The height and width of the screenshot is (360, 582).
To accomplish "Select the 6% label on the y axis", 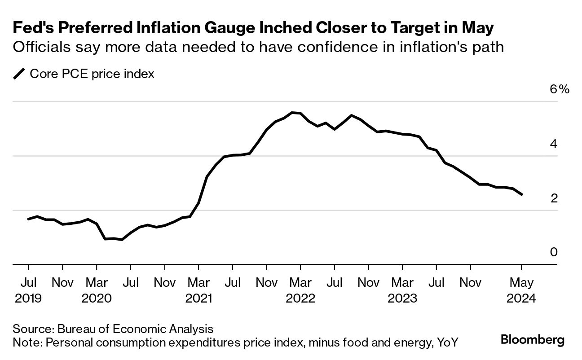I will (x=559, y=89).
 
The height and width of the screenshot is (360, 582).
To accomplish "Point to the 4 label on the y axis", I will (x=554, y=144).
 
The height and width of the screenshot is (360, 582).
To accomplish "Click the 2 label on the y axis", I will (x=554, y=198).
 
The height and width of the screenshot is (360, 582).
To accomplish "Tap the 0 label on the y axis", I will (x=554, y=252).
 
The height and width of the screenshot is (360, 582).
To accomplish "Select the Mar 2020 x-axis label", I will (x=96, y=290).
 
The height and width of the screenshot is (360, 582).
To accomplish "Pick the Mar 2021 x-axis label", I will (x=198, y=290).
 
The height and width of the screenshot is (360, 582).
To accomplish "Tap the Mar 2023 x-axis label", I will (x=402, y=290).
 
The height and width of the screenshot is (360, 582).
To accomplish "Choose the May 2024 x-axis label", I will (x=521, y=290).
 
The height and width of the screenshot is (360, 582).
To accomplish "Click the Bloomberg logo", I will (x=533, y=340).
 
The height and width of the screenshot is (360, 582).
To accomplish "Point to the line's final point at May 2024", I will (x=521, y=194).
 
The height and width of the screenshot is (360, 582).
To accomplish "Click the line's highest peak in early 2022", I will (x=292, y=113).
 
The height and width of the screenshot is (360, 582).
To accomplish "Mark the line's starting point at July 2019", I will (x=28, y=219).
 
